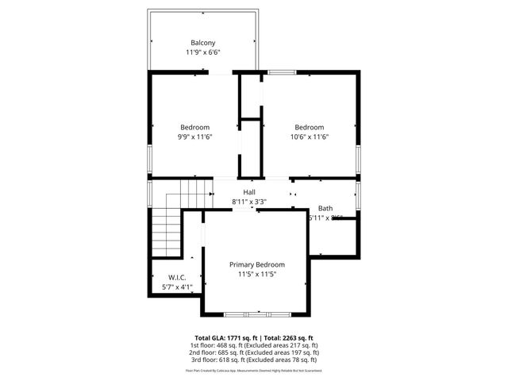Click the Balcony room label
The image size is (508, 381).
203,43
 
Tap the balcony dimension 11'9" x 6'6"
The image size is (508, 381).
203,52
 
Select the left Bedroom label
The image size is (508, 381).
194,128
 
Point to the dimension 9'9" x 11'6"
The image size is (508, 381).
194,137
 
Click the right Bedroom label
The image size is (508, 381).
310,128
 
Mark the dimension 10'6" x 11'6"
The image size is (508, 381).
310,137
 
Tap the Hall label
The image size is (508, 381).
249,193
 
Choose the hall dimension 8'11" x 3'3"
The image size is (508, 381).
249,202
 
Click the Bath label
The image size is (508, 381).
325,209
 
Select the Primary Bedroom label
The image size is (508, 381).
257,264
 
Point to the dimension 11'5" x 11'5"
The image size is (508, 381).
257,275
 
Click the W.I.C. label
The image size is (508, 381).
177,277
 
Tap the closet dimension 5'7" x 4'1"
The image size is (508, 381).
177,287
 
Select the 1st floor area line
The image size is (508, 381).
253,345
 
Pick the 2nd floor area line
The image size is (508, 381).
253,353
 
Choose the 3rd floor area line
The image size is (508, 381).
253,361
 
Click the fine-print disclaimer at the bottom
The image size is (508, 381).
253,371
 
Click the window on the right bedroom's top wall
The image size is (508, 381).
280,73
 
